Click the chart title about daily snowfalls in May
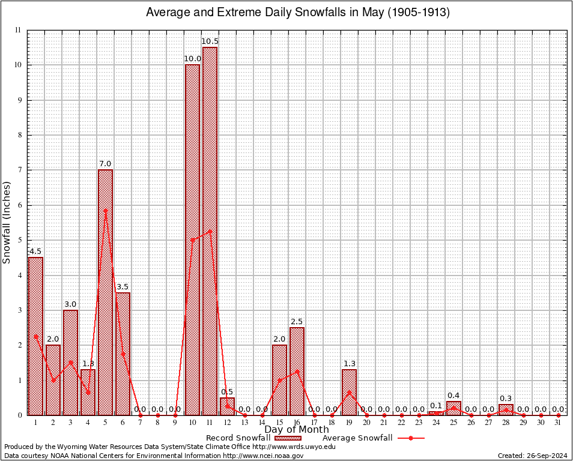298,13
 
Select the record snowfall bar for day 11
210,231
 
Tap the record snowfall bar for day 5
105,292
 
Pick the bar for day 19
349,392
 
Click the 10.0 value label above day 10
192,58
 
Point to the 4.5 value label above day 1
35,251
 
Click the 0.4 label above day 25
453,395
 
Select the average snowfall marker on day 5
105,211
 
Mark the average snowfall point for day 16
297,371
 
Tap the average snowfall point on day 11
210,231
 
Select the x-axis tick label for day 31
558,423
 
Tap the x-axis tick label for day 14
262,423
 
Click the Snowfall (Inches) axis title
7,222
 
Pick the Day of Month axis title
296,430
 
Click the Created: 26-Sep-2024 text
532,456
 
